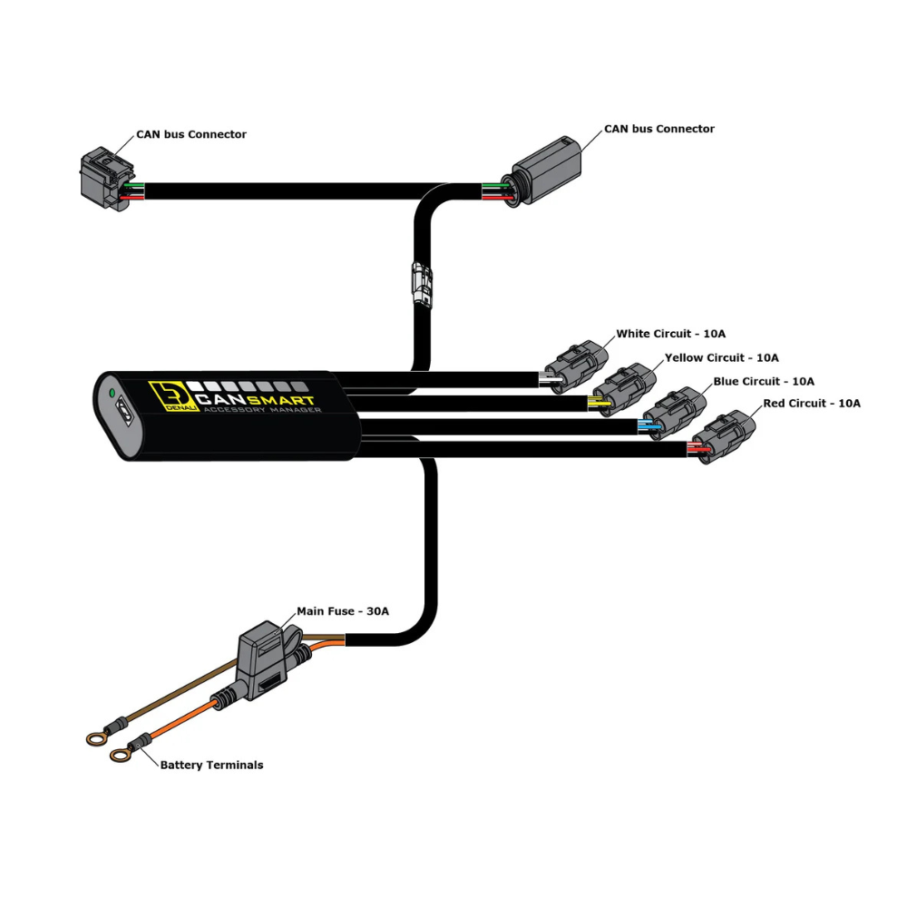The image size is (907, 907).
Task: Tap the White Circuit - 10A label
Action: point(670,334)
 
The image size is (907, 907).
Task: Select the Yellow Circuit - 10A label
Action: point(721,358)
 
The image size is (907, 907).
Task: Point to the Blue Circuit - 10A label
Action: point(764,382)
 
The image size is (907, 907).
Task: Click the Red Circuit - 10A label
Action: point(812,404)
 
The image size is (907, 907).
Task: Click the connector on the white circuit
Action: point(576,366)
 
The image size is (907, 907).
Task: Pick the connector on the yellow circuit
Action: point(625,390)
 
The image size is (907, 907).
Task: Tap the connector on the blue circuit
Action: point(675,413)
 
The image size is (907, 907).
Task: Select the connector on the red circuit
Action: point(724,437)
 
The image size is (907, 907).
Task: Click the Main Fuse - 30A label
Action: point(343,611)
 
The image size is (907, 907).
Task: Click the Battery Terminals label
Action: point(211,766)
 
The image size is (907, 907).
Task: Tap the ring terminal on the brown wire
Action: point(96,738)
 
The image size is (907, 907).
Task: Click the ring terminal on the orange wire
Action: point(120,755)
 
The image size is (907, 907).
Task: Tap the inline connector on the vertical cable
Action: point(422,282)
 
